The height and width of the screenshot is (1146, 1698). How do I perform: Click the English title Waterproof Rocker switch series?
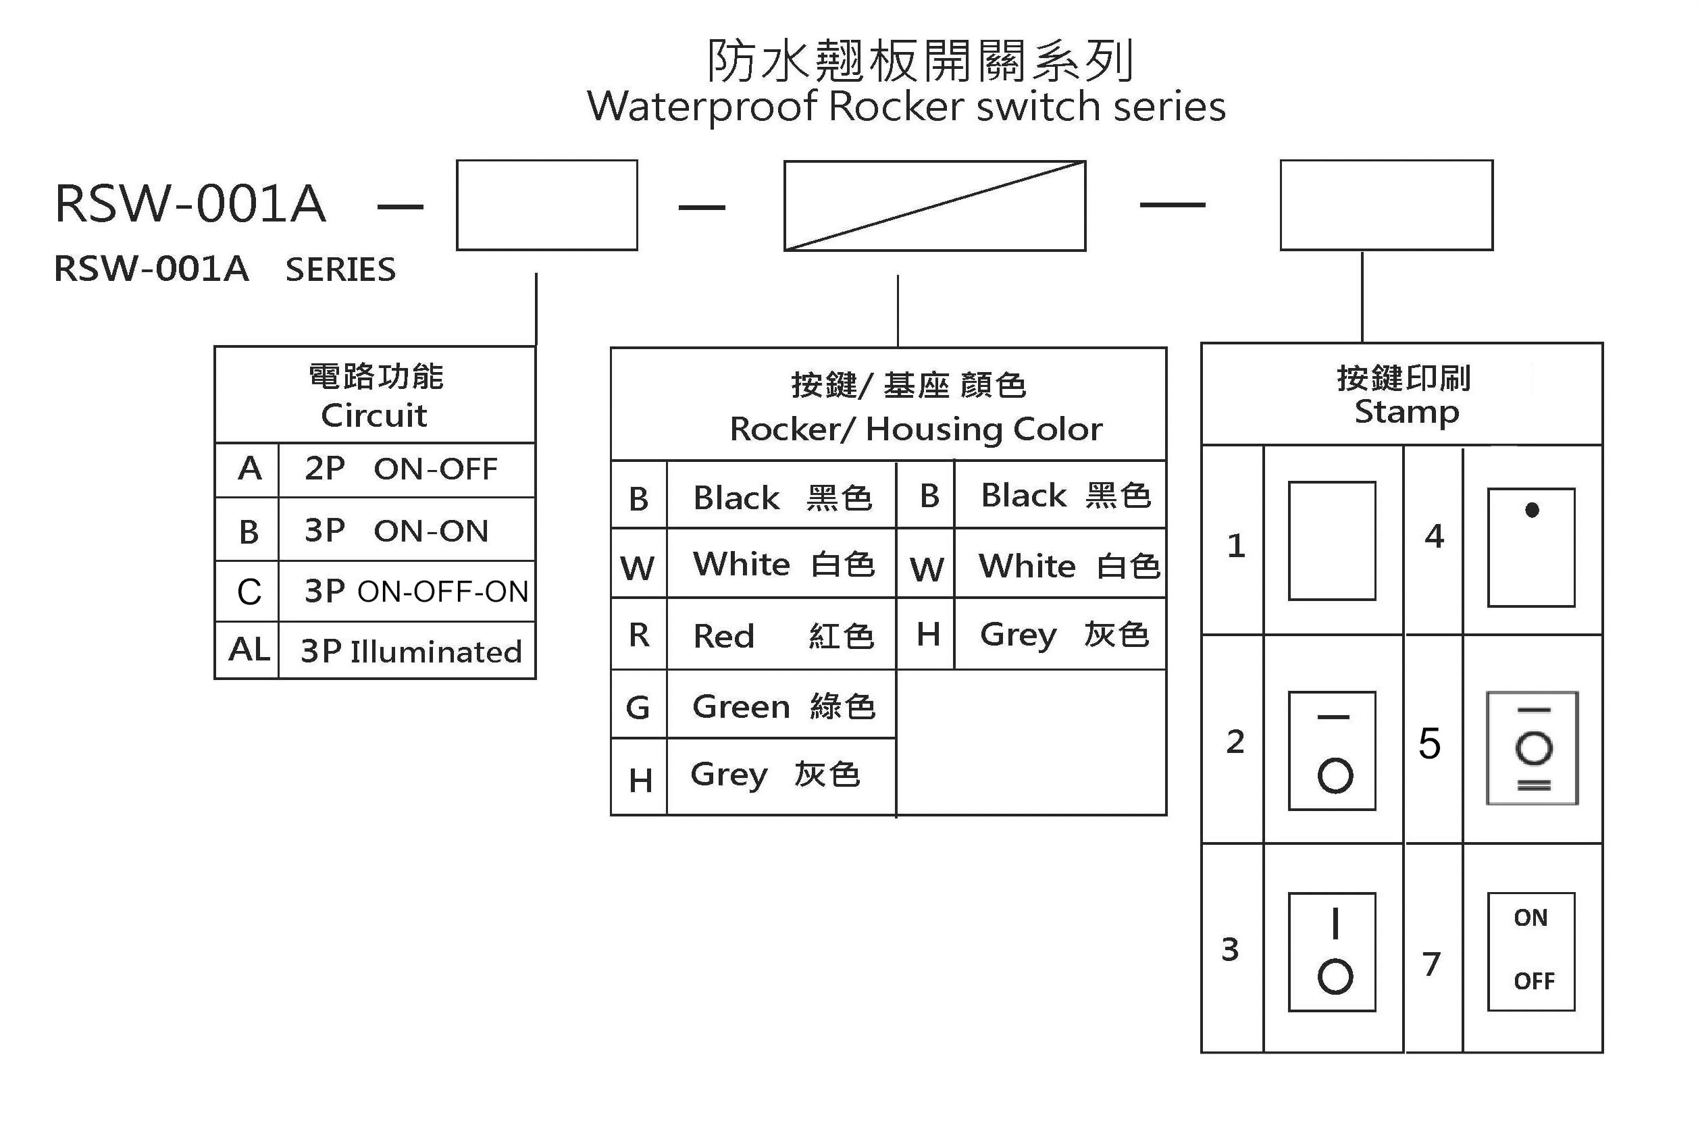906,107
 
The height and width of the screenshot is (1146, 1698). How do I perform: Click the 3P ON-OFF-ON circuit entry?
417,591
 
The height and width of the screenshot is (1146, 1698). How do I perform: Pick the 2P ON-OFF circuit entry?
401,468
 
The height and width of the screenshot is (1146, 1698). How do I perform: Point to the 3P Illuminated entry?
411,651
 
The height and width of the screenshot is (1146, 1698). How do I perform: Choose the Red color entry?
783,635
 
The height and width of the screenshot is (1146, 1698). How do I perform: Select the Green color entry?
783,706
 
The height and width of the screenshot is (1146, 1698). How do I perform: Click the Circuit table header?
375,395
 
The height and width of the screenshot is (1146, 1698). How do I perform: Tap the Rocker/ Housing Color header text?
917,429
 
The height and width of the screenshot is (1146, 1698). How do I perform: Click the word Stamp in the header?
1406,413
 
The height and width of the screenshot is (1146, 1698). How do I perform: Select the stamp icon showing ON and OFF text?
1531,952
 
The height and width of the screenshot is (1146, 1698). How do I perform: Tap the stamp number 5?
1430,744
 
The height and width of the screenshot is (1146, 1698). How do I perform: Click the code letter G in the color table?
638,707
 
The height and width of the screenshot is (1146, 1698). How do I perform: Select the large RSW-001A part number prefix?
190,203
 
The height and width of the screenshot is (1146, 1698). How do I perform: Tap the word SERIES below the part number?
340,269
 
